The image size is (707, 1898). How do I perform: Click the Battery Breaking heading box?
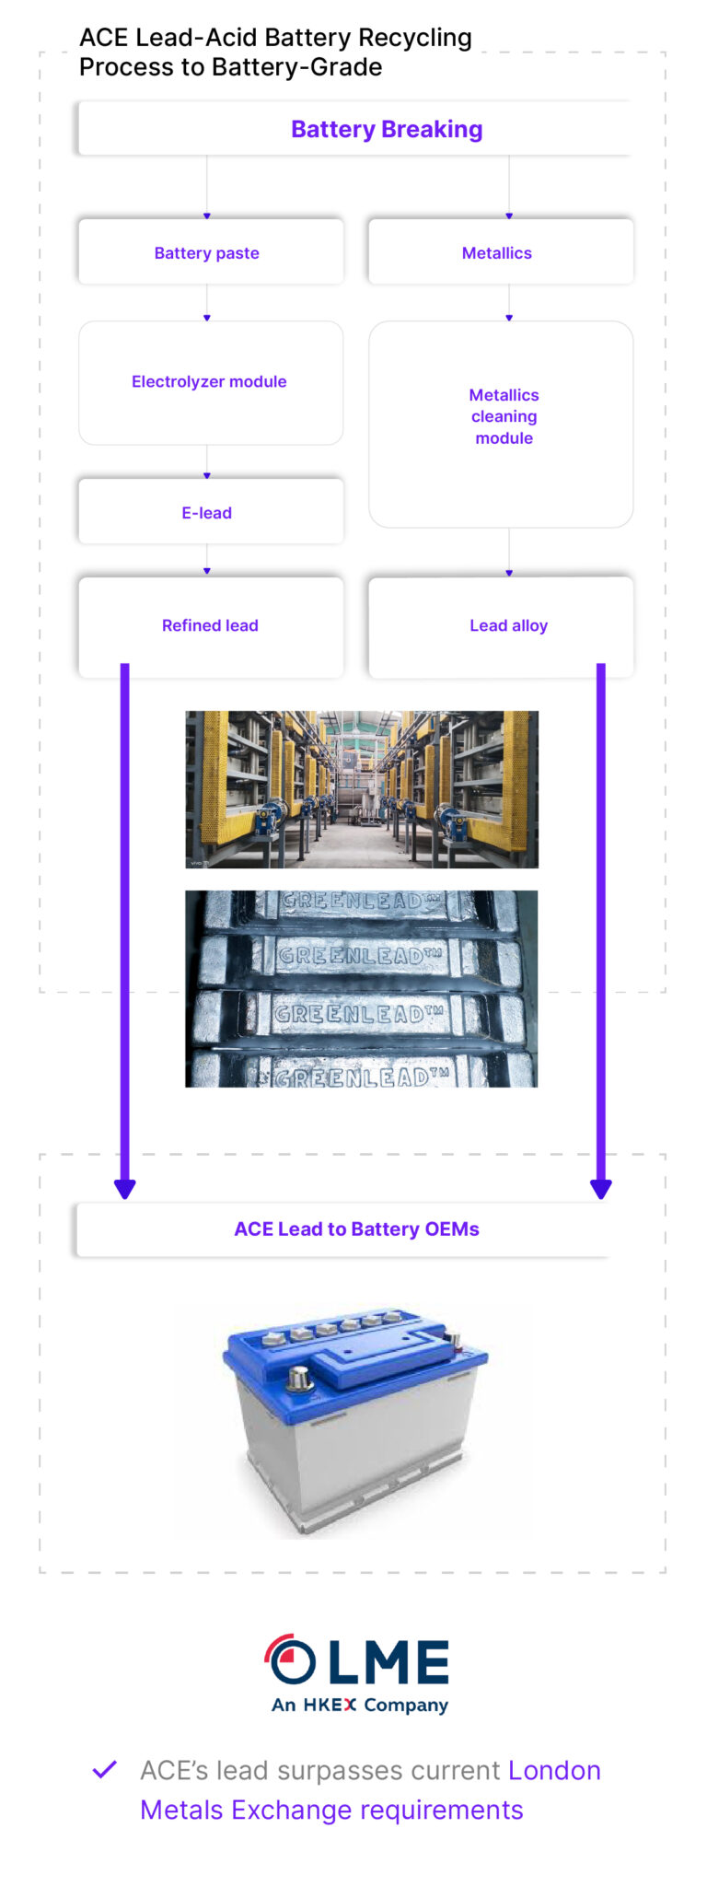coord(387,129)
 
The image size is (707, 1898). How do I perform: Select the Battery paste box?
coord(207,252)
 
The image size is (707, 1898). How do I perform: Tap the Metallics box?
coord(497,252)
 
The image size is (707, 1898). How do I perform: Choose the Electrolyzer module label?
coord(209,381)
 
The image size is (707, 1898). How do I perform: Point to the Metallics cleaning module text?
coord(504,416)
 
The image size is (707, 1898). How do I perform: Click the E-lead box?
coord(207,512)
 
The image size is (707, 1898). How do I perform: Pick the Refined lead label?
coord(210,625)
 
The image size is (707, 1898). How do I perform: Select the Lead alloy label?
coord(508,625)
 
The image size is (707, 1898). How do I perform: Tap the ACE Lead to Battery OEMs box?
coord(356,1228)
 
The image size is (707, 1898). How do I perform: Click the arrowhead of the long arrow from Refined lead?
coord(125,1188)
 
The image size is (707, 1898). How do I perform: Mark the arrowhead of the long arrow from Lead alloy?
coord(601,1188)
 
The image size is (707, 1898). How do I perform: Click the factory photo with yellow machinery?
coord(362,788)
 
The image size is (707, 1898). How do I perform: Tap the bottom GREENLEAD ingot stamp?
coord(361,1076)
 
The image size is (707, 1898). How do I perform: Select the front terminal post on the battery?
coord(299,1378)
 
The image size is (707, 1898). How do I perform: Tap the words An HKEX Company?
coord(360,1705)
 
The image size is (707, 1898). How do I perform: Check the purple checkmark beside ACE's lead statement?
coord(105,1769)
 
